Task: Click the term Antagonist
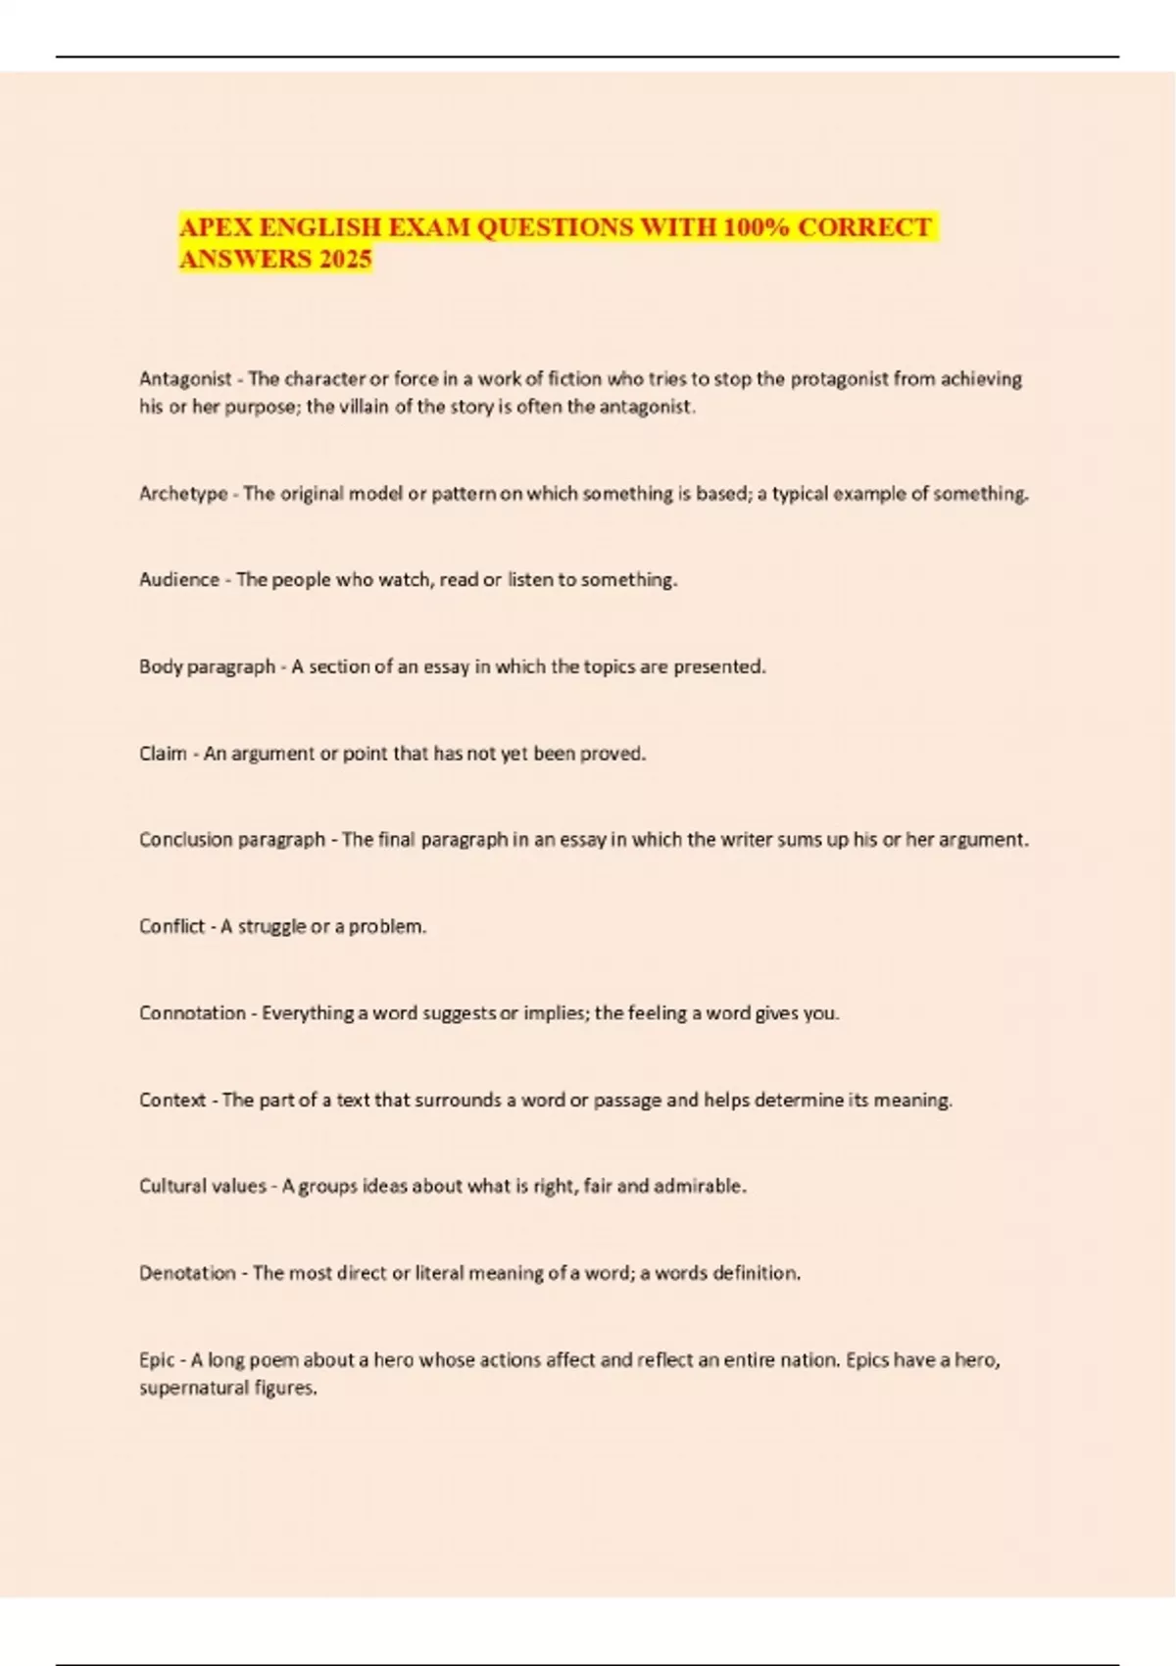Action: (x=185, y=379)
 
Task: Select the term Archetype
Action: (x=183, y=494)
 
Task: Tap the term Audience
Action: (x=179, y=580)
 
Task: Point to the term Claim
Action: (x=163, y=754)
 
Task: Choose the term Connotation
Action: (x=192, y=1013)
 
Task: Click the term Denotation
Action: (x=187, y=1273)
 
